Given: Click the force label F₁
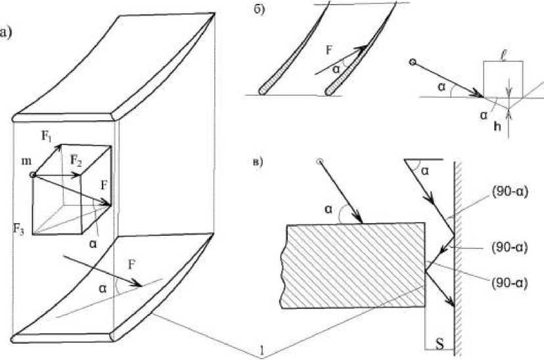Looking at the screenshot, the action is [47, 135].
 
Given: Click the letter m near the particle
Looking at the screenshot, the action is [27, 161].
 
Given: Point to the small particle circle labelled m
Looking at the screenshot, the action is [33, 175].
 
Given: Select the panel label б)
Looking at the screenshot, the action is [260, 10].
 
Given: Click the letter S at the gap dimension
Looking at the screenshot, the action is [440, 344].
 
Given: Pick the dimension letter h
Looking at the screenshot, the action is [497, 127].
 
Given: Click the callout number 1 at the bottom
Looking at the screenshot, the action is [262, 352].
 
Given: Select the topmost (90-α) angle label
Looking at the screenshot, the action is [509, 192].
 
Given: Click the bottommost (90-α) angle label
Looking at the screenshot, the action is [509, 283].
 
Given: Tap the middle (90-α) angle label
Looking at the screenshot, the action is [509, 248].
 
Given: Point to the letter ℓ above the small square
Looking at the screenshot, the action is [503, 55].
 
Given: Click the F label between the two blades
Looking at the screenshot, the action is [329, 51].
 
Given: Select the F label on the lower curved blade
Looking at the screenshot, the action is [131, 265].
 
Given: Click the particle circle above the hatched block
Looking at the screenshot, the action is [320, 161].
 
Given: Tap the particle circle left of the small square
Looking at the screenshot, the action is [412, 62].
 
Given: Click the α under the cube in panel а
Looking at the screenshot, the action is [93, 244].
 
